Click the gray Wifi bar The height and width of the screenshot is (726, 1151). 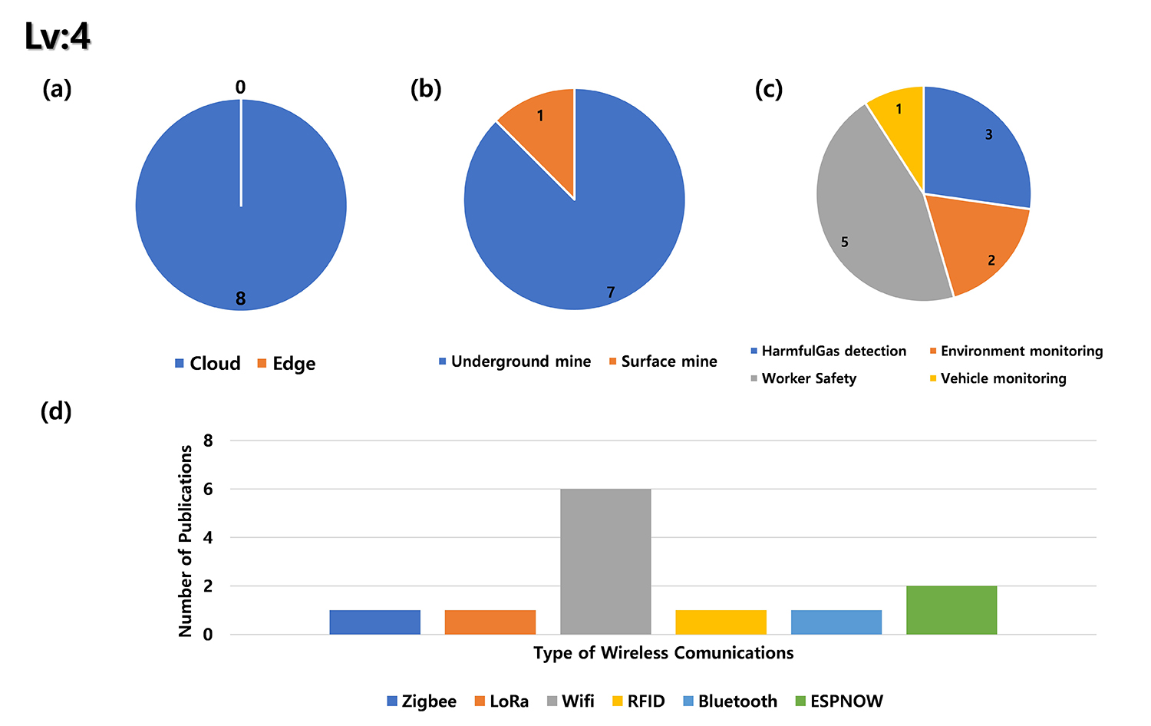[x=605, y=561]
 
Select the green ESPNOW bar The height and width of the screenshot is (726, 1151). [x=951, y=610]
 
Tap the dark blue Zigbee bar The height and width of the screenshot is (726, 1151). [x=374, y=622]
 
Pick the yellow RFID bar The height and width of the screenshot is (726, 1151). [x=721, y=622]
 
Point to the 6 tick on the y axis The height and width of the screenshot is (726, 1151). [x=208, y=489]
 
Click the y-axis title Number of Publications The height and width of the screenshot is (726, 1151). [x=186, y=541]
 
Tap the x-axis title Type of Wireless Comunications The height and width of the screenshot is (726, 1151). [x=664, y=653]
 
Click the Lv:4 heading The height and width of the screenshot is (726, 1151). [x=58, y=35]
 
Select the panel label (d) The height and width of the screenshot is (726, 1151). [x=56, y=411]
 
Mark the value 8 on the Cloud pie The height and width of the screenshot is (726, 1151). [x=240, y=299]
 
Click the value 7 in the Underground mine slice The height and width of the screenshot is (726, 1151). [x=611, y=292]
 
